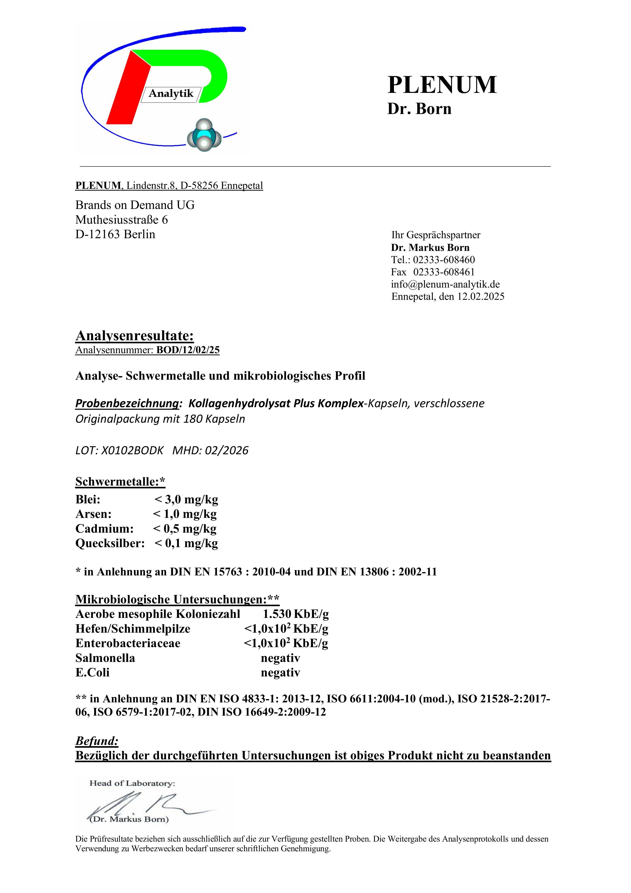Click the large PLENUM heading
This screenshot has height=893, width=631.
442,85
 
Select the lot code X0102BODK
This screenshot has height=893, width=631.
132,450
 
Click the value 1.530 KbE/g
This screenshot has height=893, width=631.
296,614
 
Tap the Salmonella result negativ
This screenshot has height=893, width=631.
280,658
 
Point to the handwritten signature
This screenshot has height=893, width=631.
148,805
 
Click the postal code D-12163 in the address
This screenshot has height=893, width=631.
98,235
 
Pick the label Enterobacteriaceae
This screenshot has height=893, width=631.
128,643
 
